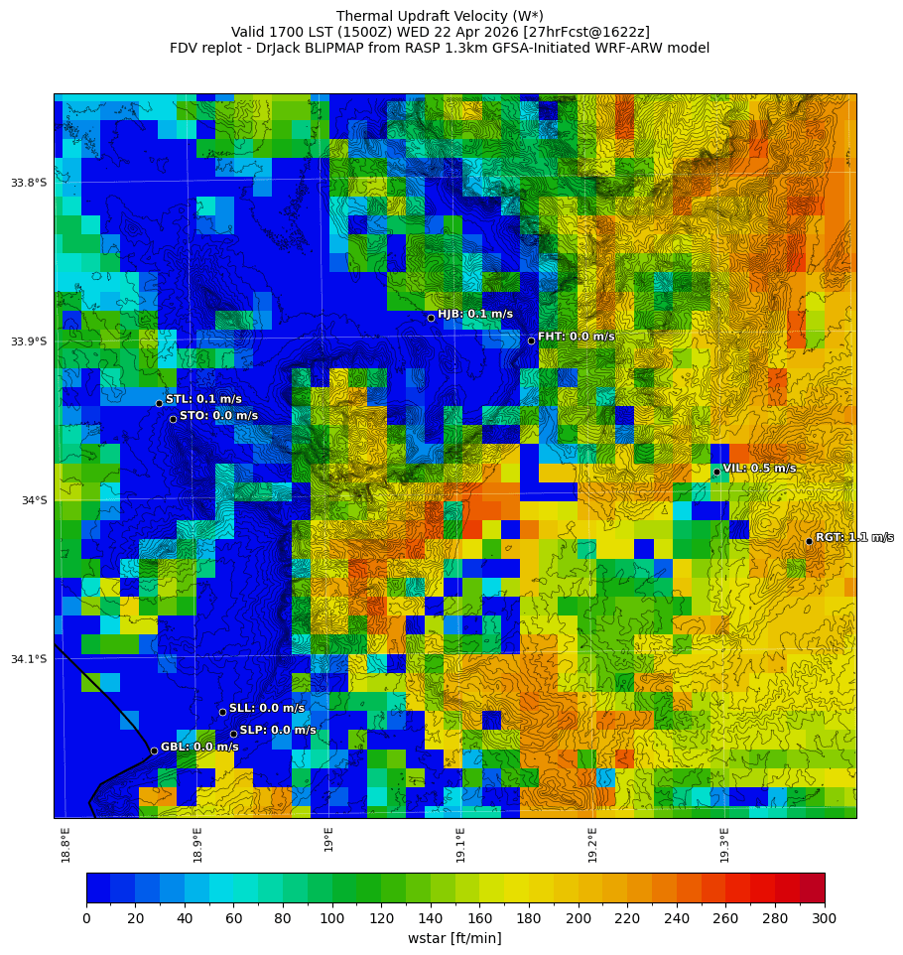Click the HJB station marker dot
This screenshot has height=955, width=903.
click(431, 318)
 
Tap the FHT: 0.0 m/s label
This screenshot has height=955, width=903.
click(576, 337)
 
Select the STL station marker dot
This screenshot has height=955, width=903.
click(159, 403)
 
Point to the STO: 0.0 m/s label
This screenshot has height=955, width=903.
click(218, 416)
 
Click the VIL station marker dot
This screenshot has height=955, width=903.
click(716, 472)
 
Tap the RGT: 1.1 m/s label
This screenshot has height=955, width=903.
click(853, 537)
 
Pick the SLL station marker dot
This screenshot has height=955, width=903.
click(222, 712)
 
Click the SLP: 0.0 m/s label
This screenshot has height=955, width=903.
click(278, 730)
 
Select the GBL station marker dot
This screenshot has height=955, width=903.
click(154, 750)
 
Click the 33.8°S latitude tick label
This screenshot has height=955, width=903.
click(29, 183)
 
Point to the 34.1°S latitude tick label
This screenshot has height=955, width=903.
click(29, 659)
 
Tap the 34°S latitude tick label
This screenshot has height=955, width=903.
click(34, 500)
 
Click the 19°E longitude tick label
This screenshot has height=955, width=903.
click(329, 839)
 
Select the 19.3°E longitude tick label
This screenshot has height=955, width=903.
click(725, 844)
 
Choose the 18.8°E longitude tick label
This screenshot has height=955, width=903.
click(66, 844)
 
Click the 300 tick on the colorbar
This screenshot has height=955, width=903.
click(825, 918)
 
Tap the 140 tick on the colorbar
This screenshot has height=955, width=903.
click(431, 918)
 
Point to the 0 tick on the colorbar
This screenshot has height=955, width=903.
click(86, 918)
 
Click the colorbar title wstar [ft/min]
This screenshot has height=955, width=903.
click(454, 938)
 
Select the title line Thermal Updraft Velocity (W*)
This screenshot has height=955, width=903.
click(440, 16)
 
